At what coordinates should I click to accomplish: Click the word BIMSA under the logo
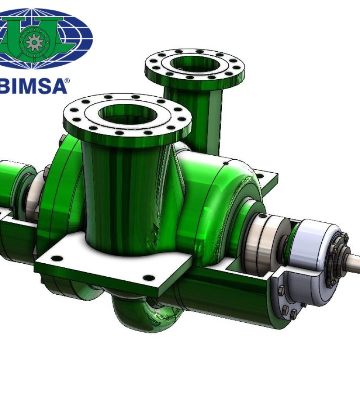point(33,86)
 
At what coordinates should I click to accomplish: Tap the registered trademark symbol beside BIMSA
point(67,81)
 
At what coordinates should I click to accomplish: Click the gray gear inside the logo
point(35,42)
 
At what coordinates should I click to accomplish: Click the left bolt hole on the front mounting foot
point(57,258)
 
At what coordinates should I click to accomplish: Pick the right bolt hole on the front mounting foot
point(149,278)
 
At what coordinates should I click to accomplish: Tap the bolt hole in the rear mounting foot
point(260,176)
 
